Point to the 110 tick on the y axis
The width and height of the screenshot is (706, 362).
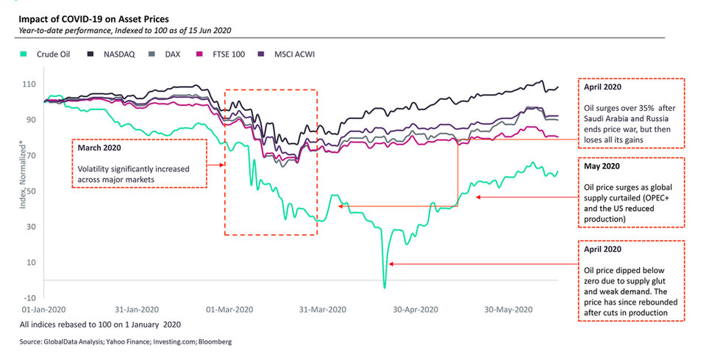click(x=31, y=84)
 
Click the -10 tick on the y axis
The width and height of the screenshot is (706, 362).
click(x=31, y=297)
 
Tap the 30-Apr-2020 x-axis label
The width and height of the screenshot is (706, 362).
click(x=417, y=309)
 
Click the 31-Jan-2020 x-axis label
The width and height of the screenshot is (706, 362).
click(x=136, y=309)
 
